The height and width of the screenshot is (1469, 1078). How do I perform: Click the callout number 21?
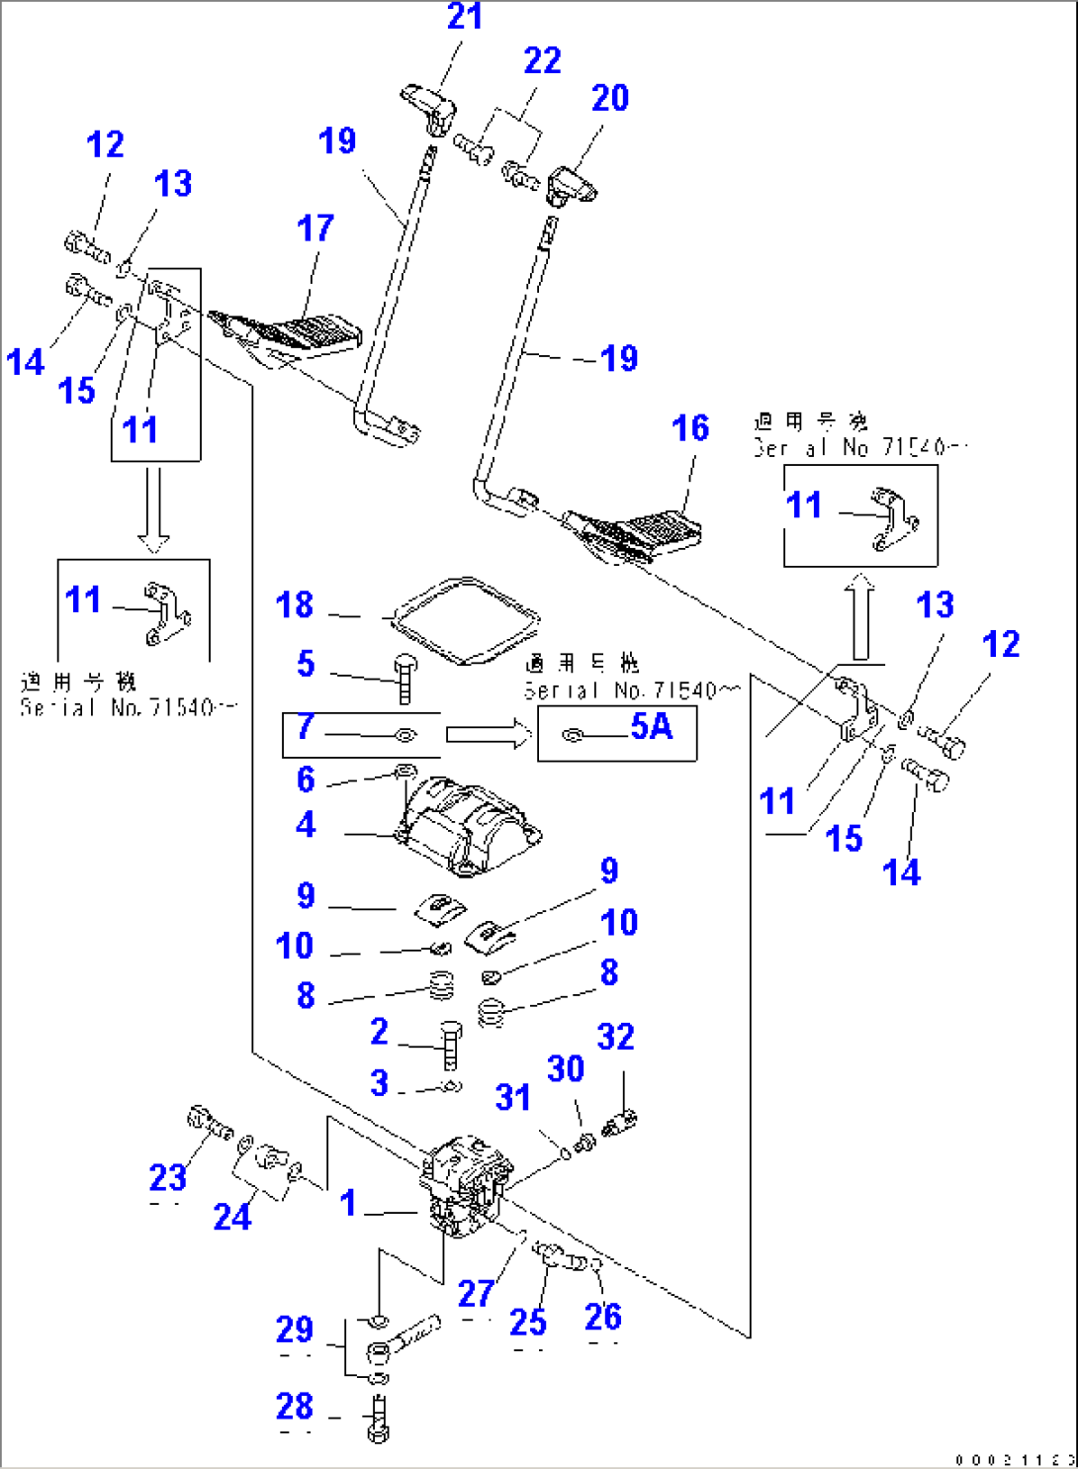464,17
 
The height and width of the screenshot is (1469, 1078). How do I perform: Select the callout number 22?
542,61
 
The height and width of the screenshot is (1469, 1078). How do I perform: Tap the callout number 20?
609,98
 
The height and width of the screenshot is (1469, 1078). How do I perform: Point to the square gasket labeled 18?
466,620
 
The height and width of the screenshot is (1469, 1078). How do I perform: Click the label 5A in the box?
651,727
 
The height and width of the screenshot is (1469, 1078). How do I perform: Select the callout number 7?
306,727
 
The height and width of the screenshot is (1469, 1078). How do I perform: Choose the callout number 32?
615,1037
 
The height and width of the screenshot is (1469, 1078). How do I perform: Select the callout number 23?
167,1177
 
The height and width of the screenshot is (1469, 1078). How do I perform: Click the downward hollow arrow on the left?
153,509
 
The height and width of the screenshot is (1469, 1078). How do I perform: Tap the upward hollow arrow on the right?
861,617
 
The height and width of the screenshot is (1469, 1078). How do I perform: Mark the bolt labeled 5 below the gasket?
404,679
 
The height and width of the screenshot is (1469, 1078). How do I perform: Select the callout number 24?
232,1216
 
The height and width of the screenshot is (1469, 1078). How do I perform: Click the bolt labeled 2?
450,1045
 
